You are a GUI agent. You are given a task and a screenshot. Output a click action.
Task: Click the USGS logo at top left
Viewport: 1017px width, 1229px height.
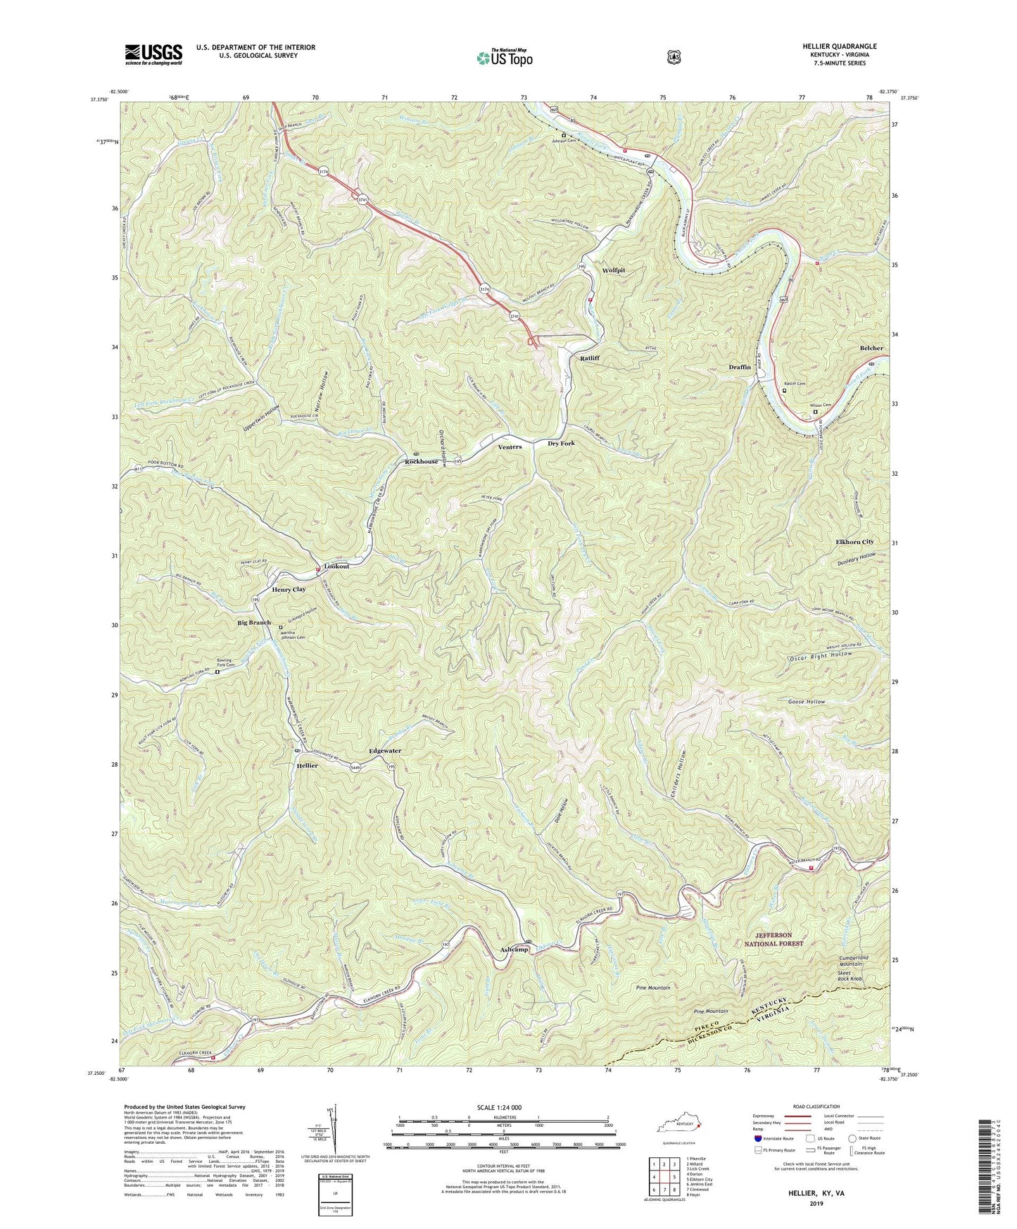click(153, 54)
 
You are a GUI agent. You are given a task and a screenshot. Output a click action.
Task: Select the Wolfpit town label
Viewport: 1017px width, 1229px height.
click(613, 270)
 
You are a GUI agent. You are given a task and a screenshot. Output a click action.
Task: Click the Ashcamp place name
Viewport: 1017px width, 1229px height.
click(514, 950)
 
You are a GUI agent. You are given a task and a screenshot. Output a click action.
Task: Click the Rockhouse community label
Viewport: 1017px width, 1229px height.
click(421, 462)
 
